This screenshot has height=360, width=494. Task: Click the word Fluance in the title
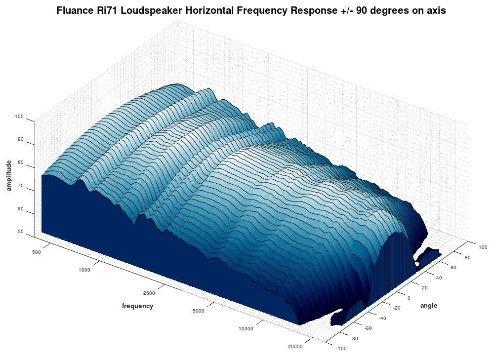(76, 10)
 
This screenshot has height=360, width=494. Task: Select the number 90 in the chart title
(369, 10)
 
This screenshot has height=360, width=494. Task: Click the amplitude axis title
(9, 175)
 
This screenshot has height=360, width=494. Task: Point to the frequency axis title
(137, 306)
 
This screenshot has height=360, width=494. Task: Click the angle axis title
(428, 306)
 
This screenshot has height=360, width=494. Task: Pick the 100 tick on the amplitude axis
(19, 117)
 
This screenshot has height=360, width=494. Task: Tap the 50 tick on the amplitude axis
(20, 231)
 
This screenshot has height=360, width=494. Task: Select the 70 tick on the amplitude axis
(20, 186)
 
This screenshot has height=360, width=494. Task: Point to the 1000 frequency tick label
(84, 270)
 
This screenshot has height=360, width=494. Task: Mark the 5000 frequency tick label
(198, 311)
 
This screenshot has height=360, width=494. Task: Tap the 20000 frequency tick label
(295, 347)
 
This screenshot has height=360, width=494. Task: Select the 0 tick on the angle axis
(408, 298)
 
